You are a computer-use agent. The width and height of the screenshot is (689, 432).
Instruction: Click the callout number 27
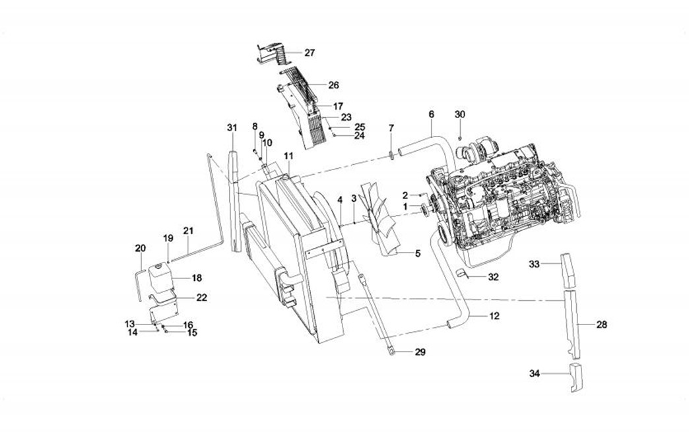pyautogui.click(x=310, y=52)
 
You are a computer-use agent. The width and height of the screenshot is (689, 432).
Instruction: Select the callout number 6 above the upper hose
pyautogui.click(x=431, y=114)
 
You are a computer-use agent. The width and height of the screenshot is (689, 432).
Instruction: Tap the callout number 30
pyautogui.click(x=460, y=114)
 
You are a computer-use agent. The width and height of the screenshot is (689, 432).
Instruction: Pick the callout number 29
pyautogui.click(x=420, y=352)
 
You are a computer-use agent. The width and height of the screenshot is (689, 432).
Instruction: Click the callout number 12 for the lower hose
pyautogui.click(x=494, y=317)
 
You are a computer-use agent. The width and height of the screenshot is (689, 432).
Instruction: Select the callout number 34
pyautogui.click(x=535, y=374)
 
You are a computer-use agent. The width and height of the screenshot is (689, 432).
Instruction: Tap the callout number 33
pyautogui.click(x=535, y=264)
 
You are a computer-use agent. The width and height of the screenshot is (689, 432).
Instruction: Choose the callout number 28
pyautogui.click(x=601, y=324)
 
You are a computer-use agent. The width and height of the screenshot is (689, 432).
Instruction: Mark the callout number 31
pyautogui.click(x=231, y=127)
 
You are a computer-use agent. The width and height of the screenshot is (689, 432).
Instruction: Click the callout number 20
pyautogui.click(x=140, y=248)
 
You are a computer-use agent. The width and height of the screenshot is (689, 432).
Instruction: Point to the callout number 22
pyautogui.click(x=202, y=297)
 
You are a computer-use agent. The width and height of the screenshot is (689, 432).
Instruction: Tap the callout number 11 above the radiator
pyautogui.click(x=288, y=156)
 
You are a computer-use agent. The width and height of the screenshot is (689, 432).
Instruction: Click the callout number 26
pyautogui.click(x=333, y=85)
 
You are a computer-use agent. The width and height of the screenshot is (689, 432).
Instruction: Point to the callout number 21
pyautogui.click(x=189, y=231)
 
